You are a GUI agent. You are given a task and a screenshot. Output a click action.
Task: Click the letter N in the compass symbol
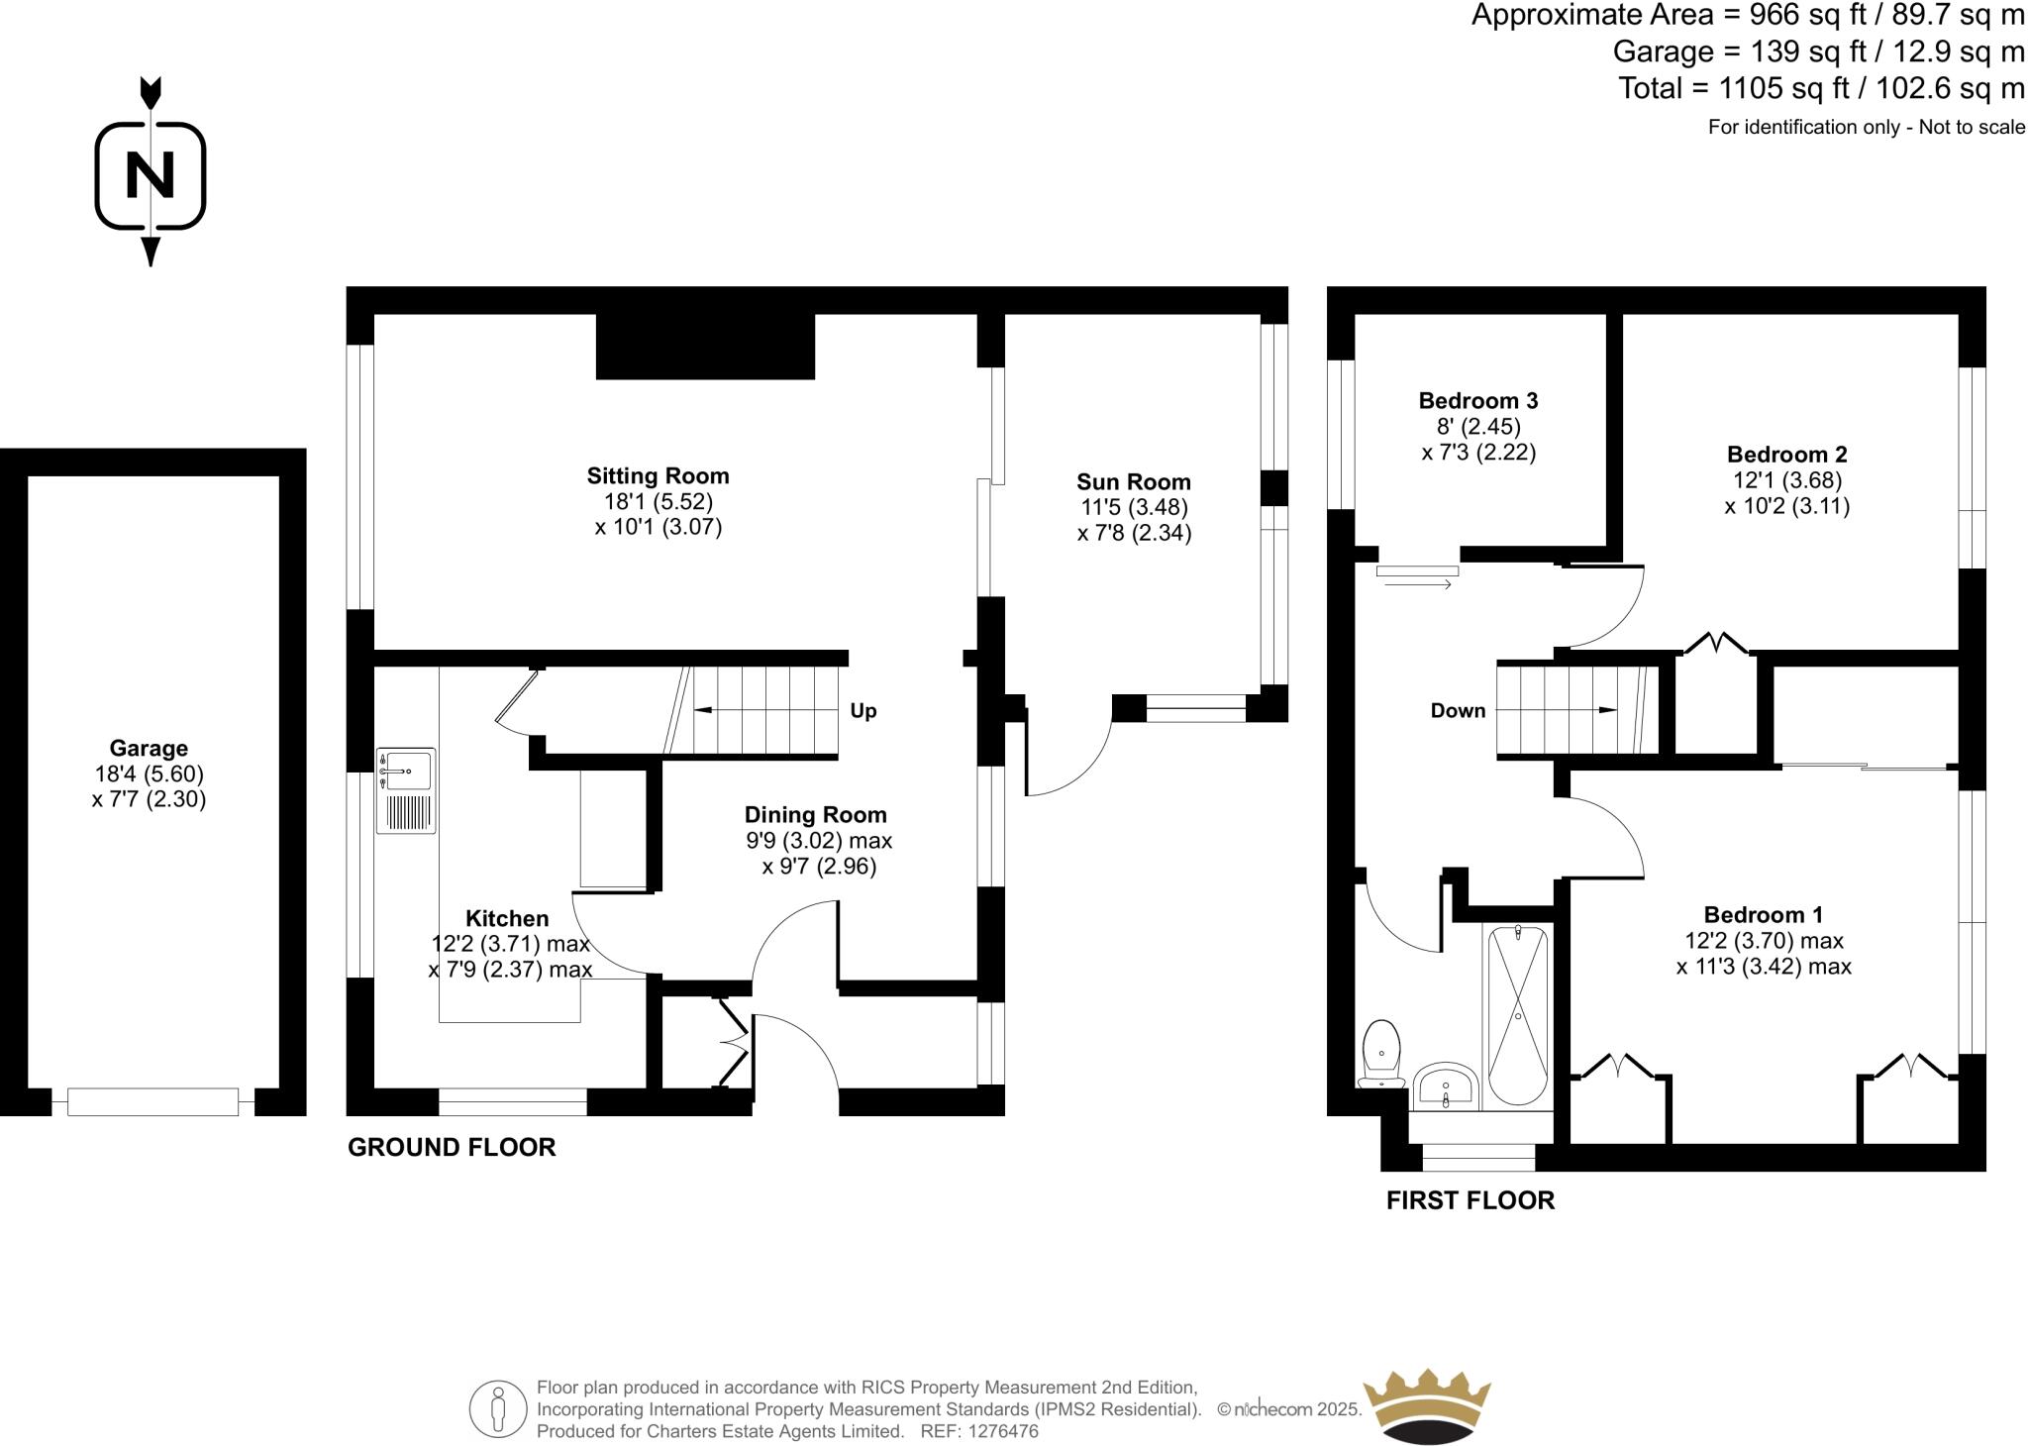pyautogui.click(x=151, y=175)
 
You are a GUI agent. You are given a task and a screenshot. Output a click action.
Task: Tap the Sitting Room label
pyautogui.click(x=658, y=475)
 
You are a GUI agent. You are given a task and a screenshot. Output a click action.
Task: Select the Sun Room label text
pyautogui.click(x=1134, y=482)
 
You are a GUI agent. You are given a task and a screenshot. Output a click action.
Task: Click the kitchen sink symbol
pyautogui.click(x=405, y=789)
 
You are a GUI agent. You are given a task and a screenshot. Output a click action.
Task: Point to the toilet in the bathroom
pyautogui.click(x=1381, y=1054)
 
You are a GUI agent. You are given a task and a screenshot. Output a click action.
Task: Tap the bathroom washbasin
pyautogui.click(x=1445, y=1086)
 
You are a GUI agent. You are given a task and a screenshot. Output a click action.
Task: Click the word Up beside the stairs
pyautogui.click(x=862, y=711)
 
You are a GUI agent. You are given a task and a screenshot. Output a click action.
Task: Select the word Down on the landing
pyautogui.click(x=1458, y=710)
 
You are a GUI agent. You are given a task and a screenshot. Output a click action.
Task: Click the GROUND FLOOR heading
pyautogui.click(x=452, y=1147)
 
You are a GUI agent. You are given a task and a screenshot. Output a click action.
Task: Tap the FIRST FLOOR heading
pyautogui.click(x=1470, y=1200)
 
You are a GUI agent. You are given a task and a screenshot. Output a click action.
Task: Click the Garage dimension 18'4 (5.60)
pyautogui.click(x=149, y=774)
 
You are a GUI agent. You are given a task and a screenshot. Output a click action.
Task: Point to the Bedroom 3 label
pyautogui.click(x=1477, y=401)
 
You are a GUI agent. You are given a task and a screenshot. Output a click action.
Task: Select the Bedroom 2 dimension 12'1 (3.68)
pyautogui.click(x=1786, y=480)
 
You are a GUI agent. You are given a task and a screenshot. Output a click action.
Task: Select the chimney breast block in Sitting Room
pyautogui.click(x=705, y=346)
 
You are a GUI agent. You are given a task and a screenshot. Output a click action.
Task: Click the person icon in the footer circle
pyautogui.click(x=498, y=1409)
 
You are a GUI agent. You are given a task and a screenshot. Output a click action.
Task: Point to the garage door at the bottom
pyautogui.click(x=152, y=1101)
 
